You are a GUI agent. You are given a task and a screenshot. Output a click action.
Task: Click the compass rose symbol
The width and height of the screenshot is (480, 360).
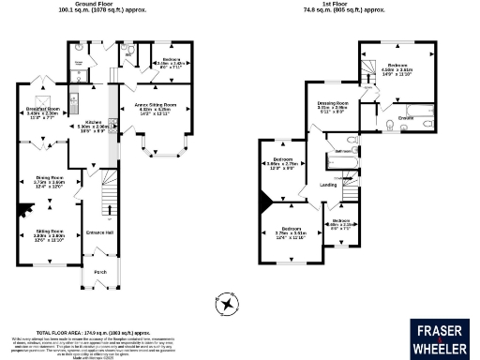(x=227, y=303)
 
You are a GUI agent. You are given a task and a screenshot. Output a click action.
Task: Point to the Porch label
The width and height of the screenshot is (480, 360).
(x=100, y=273)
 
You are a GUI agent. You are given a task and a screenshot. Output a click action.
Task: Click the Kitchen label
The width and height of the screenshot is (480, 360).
(x=93, y=123)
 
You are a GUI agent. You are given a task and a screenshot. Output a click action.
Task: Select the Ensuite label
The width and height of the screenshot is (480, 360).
(x=406, y=117)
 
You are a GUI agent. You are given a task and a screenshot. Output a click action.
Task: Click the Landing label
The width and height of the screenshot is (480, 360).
(x=328, y=185)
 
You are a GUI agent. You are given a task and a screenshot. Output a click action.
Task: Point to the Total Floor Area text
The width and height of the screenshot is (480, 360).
(x=93, y=332)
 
